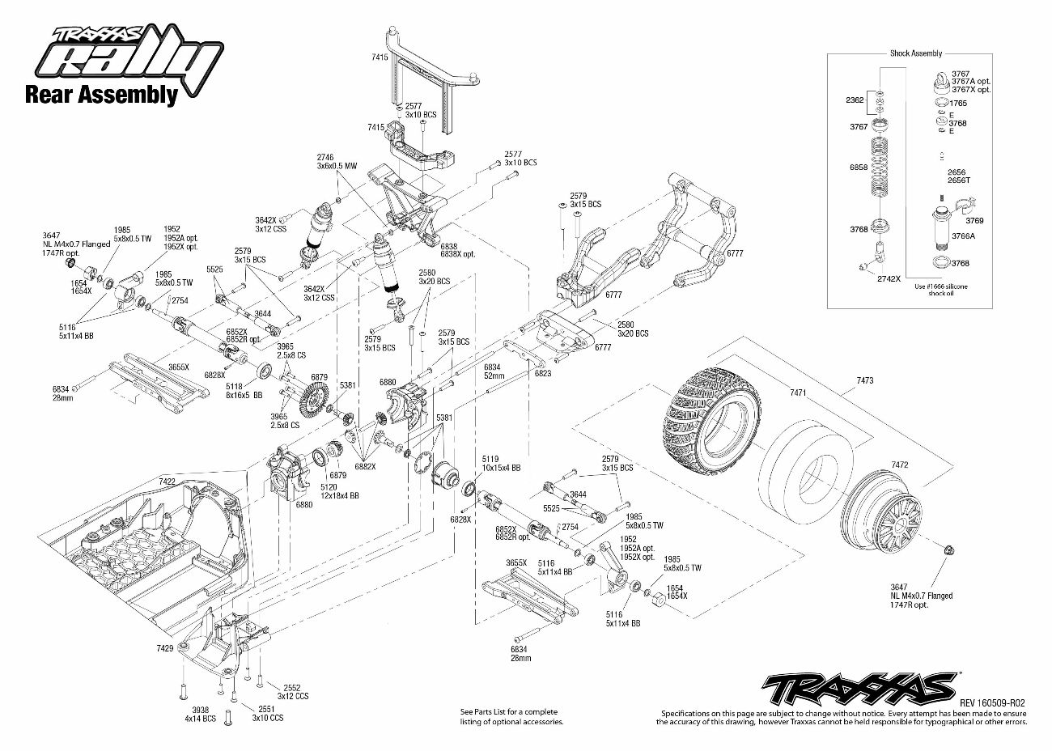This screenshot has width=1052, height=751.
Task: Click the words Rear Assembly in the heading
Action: (x=101, y=95)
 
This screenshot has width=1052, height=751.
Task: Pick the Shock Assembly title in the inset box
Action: (x=915, y=53)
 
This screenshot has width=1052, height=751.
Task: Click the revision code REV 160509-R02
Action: (x=992, y=703)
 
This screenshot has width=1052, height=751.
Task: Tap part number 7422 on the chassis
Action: (x=167, y=481)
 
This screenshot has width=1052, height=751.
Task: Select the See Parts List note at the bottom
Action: (x=509, y=716)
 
